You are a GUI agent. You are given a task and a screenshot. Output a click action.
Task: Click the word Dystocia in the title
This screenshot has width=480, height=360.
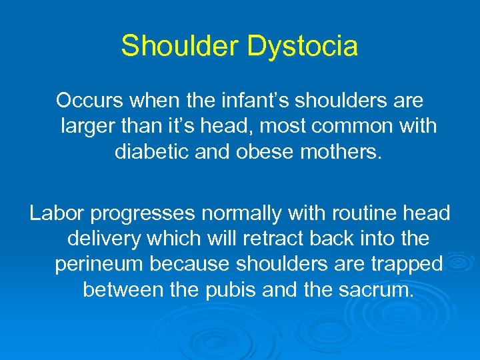[303, 47]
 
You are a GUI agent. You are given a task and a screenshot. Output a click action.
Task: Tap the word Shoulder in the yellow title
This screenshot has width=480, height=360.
[179, 46]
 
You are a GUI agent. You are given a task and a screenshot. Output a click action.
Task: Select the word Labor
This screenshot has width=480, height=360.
[56, 213]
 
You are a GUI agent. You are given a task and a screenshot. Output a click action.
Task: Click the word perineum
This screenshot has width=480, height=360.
[99, 265]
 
